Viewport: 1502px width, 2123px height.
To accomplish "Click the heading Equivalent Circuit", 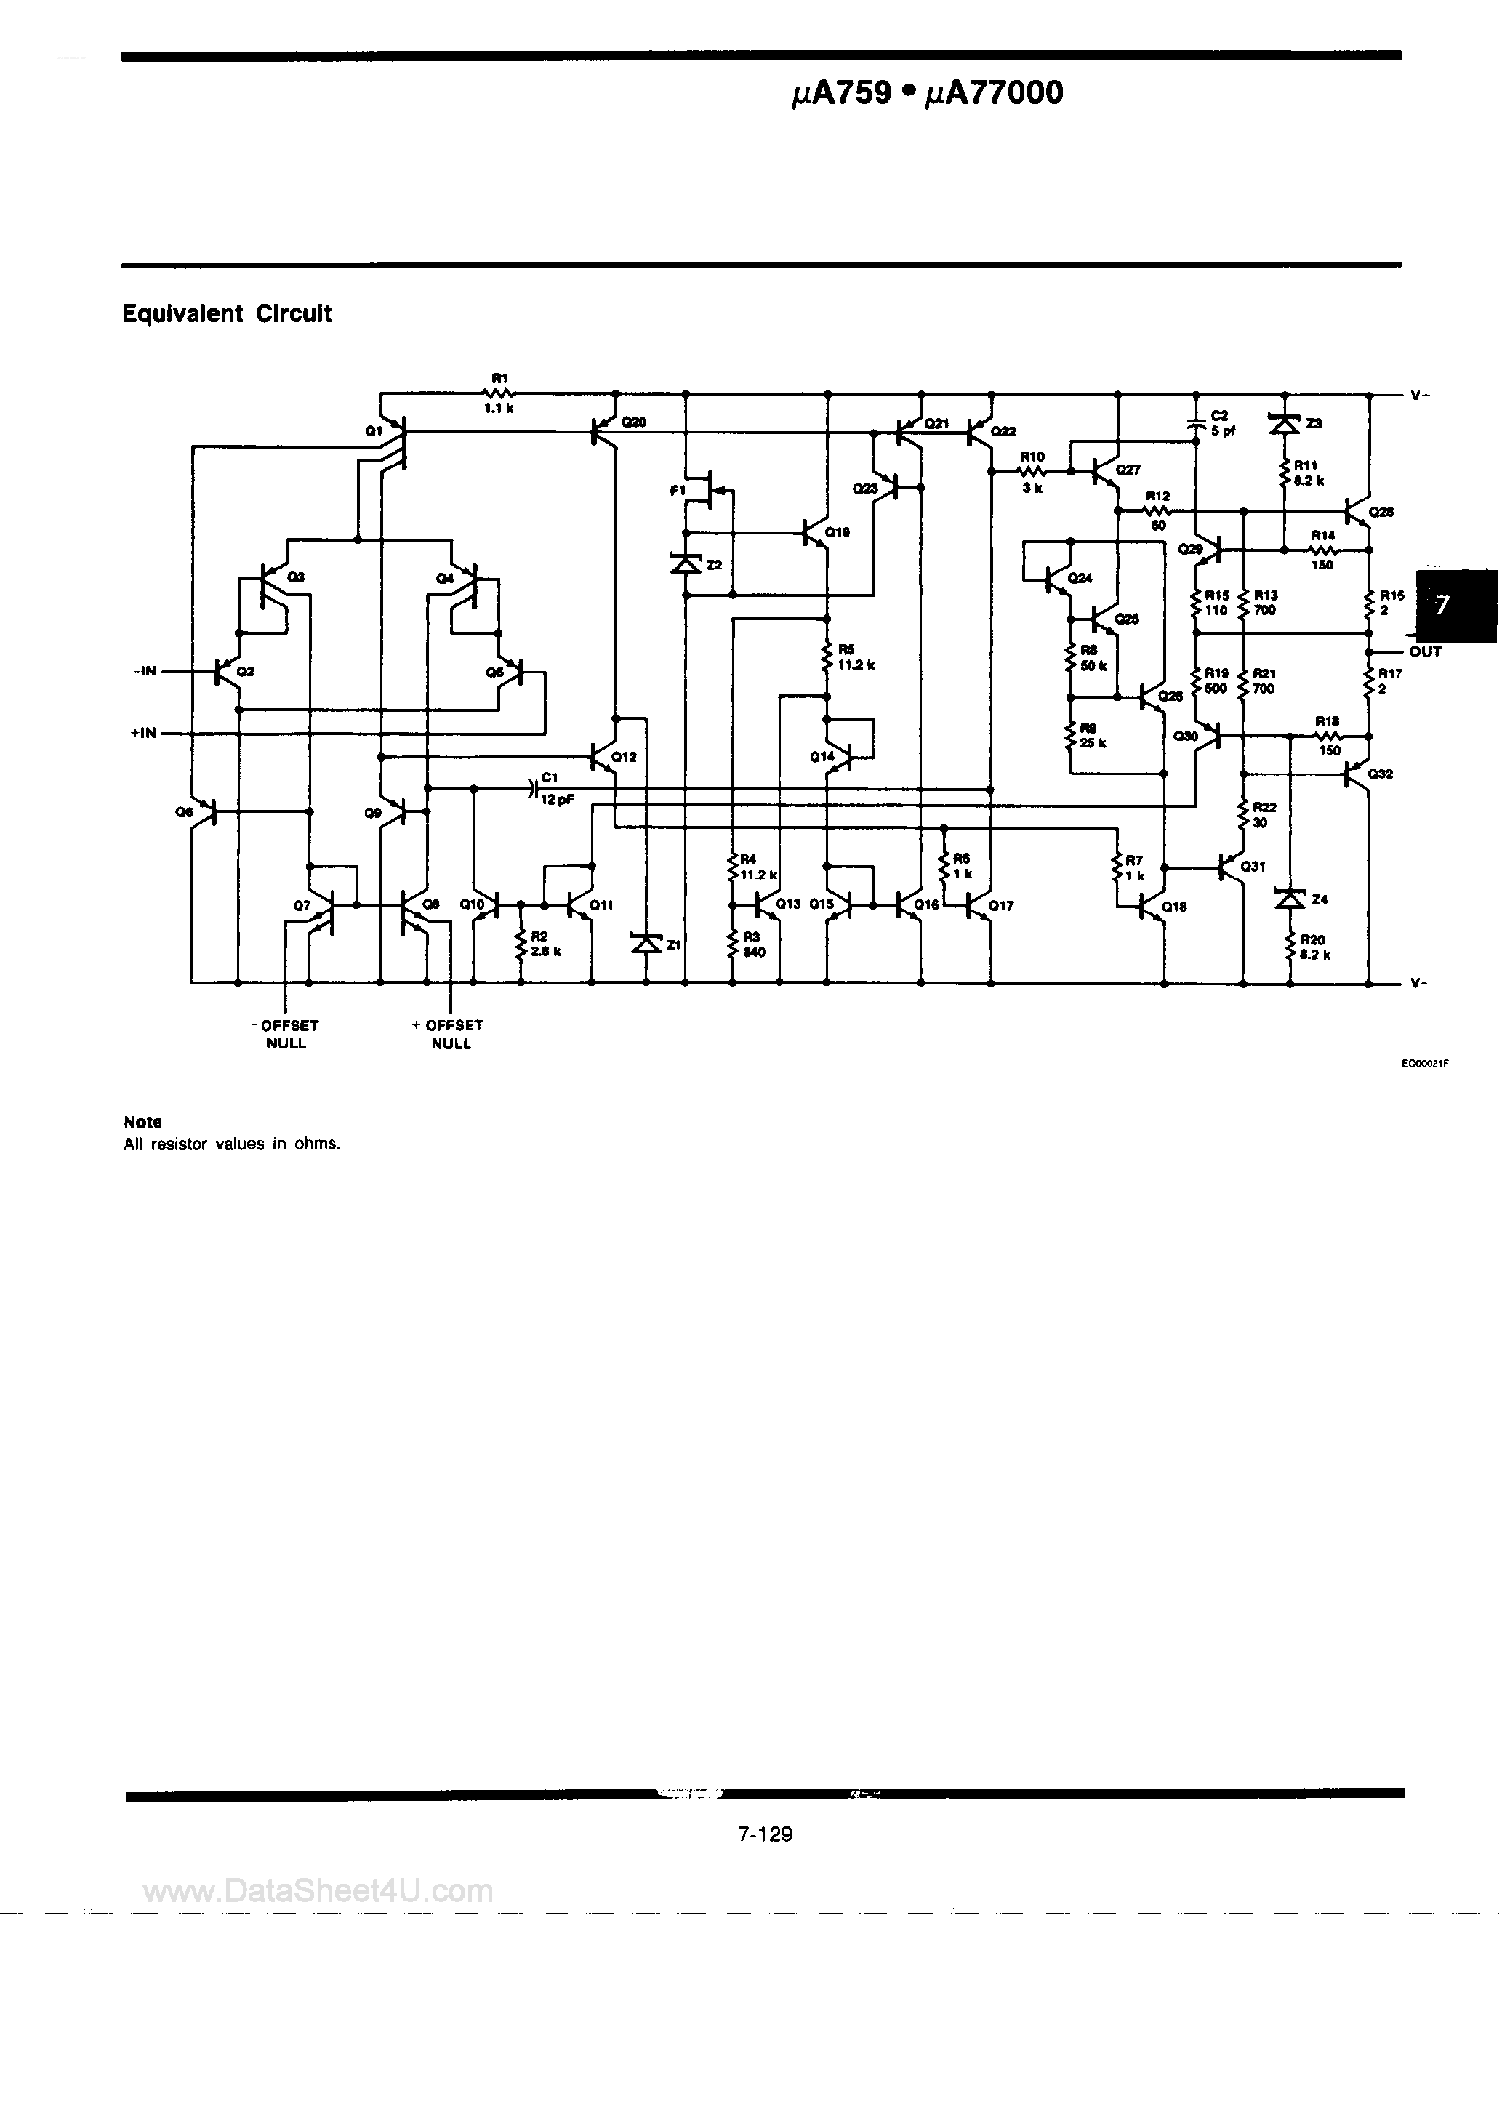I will click(227, 314).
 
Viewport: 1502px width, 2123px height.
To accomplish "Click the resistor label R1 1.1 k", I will click(499, 393).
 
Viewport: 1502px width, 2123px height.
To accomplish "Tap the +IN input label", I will click(143, 734).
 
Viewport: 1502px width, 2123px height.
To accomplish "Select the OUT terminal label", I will click(1424, 652).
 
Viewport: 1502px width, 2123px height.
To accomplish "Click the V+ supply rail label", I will click(1420, 396).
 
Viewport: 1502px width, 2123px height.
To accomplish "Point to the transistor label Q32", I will click(1380, 774).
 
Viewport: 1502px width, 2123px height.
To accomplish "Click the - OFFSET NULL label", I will click(285, 1034).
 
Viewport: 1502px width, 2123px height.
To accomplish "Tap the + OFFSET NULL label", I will click(449, 1034).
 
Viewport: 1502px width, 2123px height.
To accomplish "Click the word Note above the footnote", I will click(142, 1122).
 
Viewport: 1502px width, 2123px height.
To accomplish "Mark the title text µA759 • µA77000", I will click(928, 93).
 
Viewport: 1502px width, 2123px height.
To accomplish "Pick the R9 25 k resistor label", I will click(1092, 736).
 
